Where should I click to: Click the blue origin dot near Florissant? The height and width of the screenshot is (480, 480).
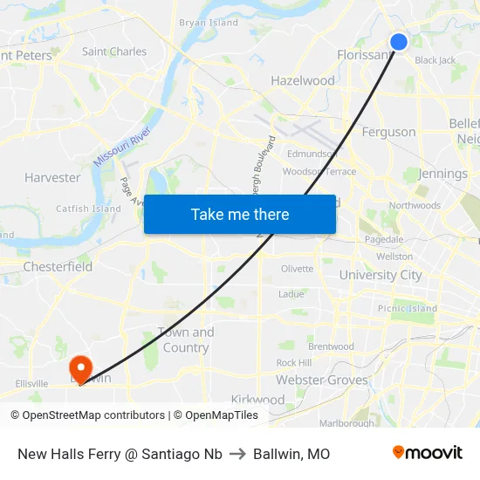tap(399, 42)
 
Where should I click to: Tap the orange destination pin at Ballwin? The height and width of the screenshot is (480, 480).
tap(79, 368)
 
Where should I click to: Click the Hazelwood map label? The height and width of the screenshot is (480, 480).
tap(303, 80)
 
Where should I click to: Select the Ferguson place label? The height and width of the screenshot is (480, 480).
tap(388, 132)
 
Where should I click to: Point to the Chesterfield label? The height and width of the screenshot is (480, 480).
tap(58, 266)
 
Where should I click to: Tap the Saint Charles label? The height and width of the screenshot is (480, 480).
tap(114, 51)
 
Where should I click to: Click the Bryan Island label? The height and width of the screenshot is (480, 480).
tap(208, 23)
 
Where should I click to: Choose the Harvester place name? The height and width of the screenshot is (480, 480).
tap(52, 177)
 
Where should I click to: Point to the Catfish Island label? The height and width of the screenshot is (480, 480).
tap(88, 209)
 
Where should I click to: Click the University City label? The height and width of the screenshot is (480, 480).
tap(380, 275)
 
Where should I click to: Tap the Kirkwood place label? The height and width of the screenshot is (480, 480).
tap(257, 400)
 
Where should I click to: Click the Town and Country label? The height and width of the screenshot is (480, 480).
tap(185, 339)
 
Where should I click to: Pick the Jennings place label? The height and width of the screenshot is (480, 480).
tap(442, 174)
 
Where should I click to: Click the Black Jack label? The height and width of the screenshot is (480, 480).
tap(435, 60)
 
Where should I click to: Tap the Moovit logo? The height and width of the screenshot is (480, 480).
tap(428, 453)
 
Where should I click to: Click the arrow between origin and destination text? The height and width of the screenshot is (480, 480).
tap(237, 454)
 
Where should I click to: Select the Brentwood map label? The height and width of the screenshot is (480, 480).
tap(331, 346)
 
